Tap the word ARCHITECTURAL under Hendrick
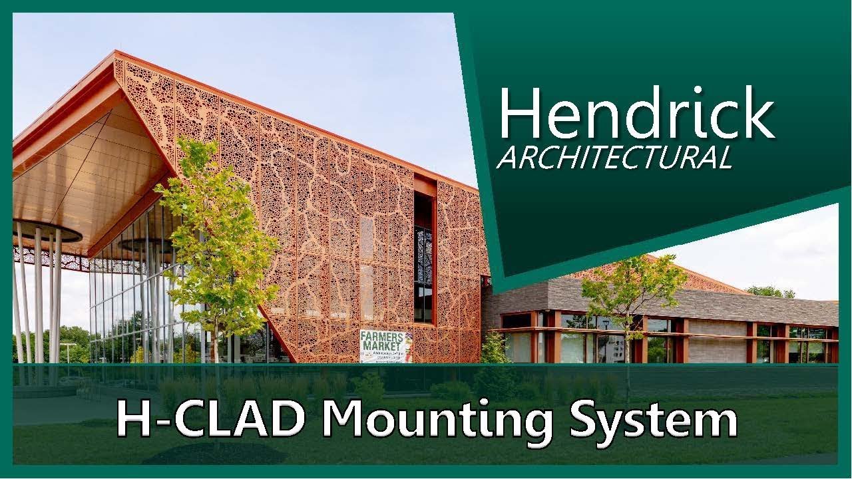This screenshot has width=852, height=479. (614, 157)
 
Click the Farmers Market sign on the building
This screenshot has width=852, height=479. (386, 345)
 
